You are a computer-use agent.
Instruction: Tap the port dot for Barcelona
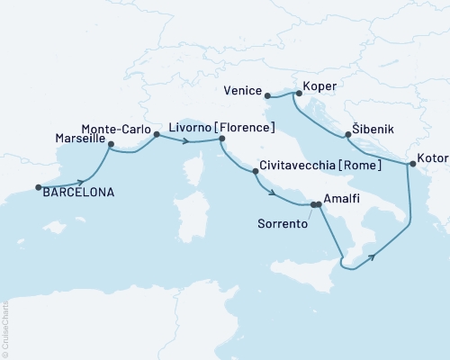[x=38, y=188]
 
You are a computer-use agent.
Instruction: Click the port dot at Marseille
[x=111, y=144]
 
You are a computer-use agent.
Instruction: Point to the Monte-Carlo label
[x=112, y=128]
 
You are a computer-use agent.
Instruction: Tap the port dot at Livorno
[x=221, y=139]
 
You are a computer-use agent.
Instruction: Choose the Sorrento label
[x=282, y=221]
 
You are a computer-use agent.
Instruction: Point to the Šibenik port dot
[x=347, y=136]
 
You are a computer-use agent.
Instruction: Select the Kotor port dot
[x=412, y=164]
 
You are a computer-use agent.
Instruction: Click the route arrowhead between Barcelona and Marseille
[x=81, y=182]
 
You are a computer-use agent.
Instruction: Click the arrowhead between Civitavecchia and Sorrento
[x=271, y=191]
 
